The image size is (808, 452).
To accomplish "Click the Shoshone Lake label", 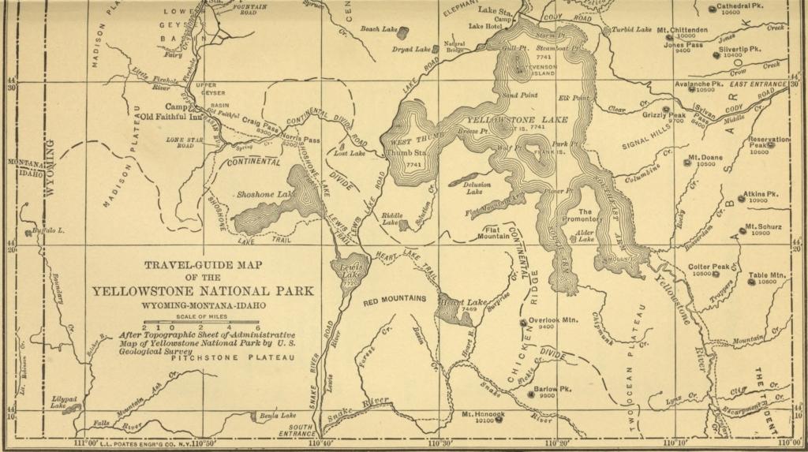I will (x=264, y=193).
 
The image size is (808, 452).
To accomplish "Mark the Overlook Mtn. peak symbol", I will (x=522, y=322).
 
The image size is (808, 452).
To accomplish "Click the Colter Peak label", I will (x=709, y=267).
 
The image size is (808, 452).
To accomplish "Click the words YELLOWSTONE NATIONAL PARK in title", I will (x=203, y=291).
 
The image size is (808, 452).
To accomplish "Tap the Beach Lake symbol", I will (x=403, y=32).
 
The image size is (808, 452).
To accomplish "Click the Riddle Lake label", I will (x=391, y=218).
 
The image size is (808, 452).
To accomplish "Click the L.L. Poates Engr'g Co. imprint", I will (x=130, y=443).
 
